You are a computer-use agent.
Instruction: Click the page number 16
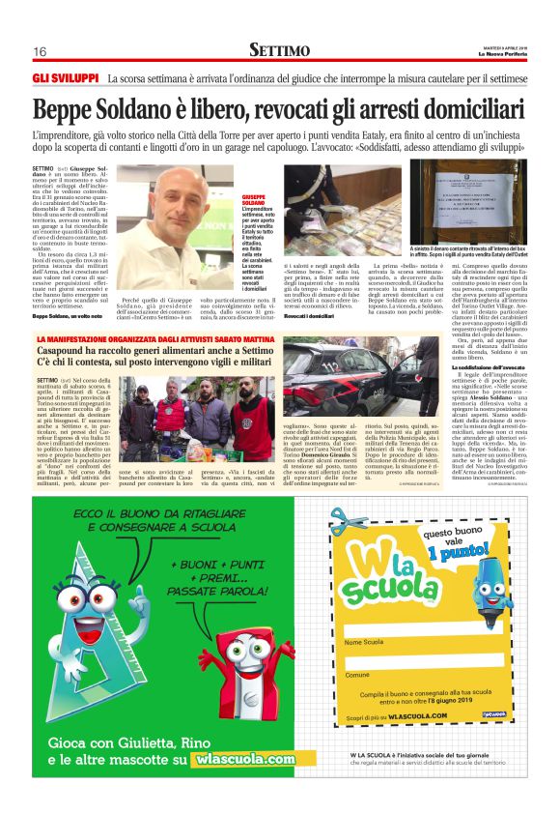click(40, 51)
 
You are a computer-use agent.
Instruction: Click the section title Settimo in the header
click(279, 49)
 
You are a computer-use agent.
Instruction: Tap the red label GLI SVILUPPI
click(66, 77)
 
